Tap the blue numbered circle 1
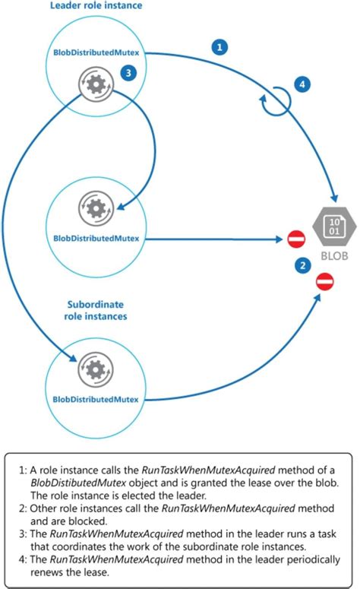[x=219, y=47]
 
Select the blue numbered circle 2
[x=282, y=264]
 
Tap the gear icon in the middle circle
[x=95, y=206]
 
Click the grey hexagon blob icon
[x=331, y=224]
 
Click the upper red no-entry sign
[x=296, y=239]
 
